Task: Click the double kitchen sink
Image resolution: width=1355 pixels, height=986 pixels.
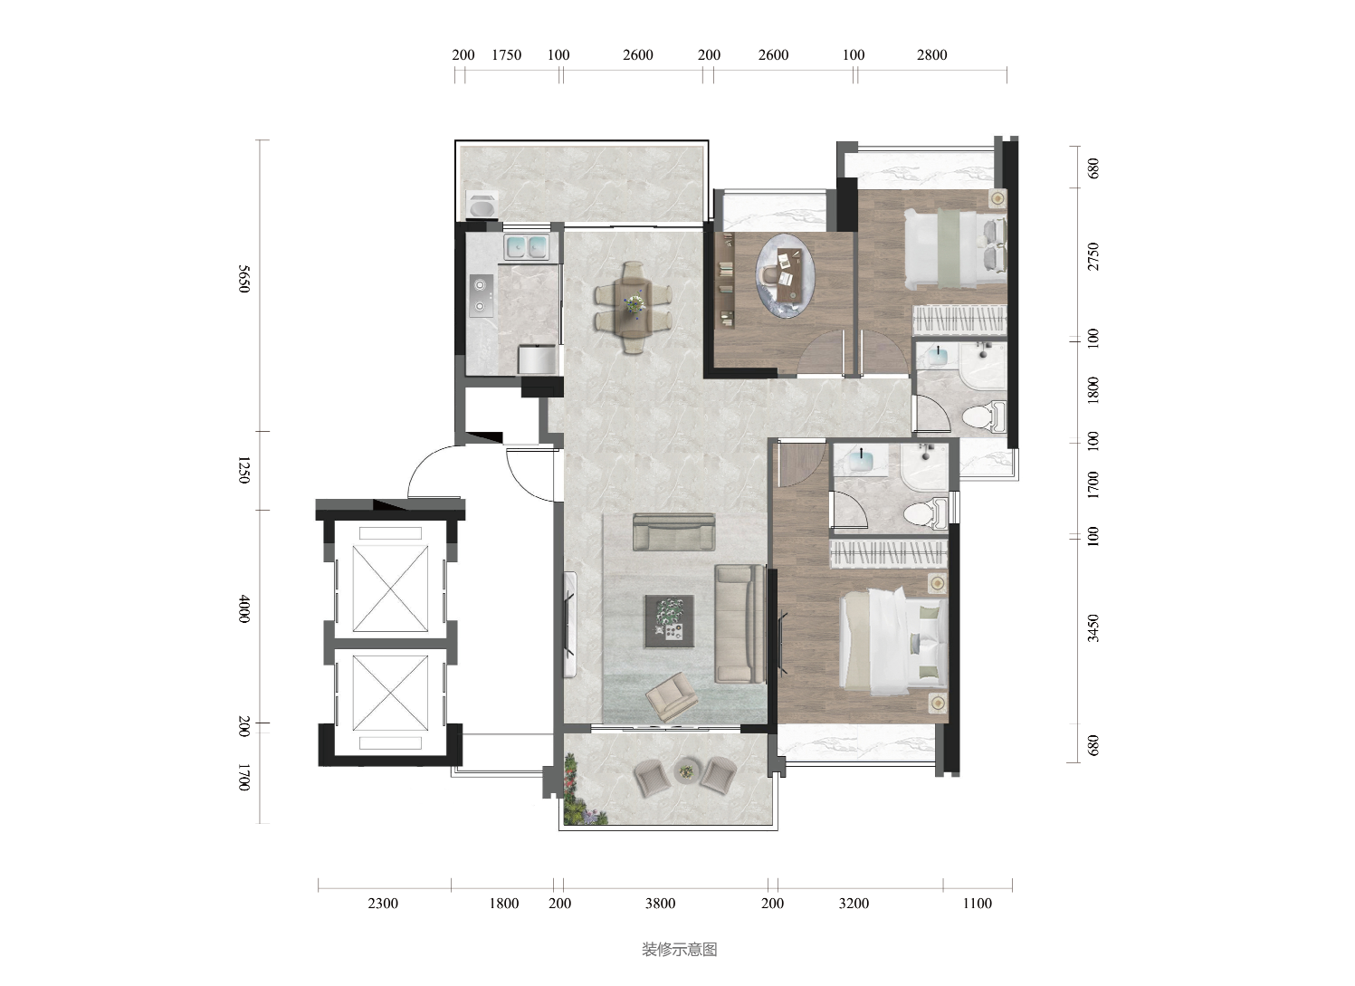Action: pos(526,247)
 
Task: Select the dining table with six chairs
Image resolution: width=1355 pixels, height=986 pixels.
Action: pos(633,308)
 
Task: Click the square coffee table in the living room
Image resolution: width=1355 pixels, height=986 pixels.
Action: pos(669,621)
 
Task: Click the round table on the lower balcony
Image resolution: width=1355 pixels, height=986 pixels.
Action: pos(687,771)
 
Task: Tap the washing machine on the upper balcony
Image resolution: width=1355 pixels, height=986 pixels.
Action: pos(482,204)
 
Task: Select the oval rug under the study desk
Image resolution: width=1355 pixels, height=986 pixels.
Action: pos(785,275)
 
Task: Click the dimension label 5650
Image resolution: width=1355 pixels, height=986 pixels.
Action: pos(243,279)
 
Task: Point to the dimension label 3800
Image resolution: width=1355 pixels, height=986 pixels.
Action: pos(660,904)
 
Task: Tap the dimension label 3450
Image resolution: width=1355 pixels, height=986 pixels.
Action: pos(1093,628)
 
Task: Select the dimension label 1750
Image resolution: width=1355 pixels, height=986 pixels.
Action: pos(506,55)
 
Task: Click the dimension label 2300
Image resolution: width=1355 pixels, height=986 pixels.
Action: pos(383,904)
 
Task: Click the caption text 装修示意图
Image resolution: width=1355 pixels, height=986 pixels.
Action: pos(680,950)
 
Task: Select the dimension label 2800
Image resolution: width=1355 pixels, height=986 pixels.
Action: pos(931,55)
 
